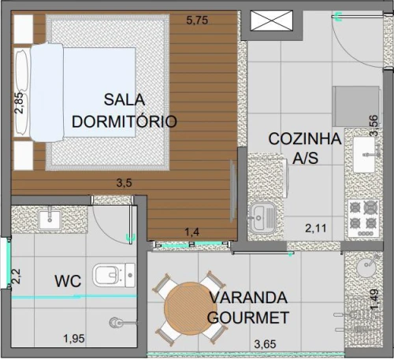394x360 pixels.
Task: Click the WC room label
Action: click(x=68, y=281)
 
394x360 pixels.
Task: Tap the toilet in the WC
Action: click(x=113, y=275)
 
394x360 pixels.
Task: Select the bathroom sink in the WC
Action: click(x=50, y=220)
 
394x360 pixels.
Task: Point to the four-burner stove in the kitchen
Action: click(x=363, y=218)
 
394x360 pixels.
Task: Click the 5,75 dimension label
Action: click(x=197, y=20)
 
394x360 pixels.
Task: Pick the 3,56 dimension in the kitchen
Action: click(x=374, y=126)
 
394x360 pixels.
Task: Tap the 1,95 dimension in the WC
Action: click(x=74, y=339)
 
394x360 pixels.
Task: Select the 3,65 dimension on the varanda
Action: click(x=265, y=344)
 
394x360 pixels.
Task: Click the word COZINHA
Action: click(x=305, y=139)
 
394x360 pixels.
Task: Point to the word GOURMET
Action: click(x=248, y=317)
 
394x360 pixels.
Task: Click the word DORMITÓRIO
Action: click(x=125, y=121)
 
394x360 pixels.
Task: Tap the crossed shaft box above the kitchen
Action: click(x=271, y=20)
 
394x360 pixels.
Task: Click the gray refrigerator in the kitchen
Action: click(x=356, y=106)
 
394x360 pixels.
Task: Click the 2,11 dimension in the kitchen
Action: click(x=316, y=228)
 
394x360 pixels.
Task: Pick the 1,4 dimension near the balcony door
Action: click(x=192, y=232)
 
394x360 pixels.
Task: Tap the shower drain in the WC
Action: click(x=115, y=323)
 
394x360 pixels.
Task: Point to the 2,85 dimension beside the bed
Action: click(x=19, y=103)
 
